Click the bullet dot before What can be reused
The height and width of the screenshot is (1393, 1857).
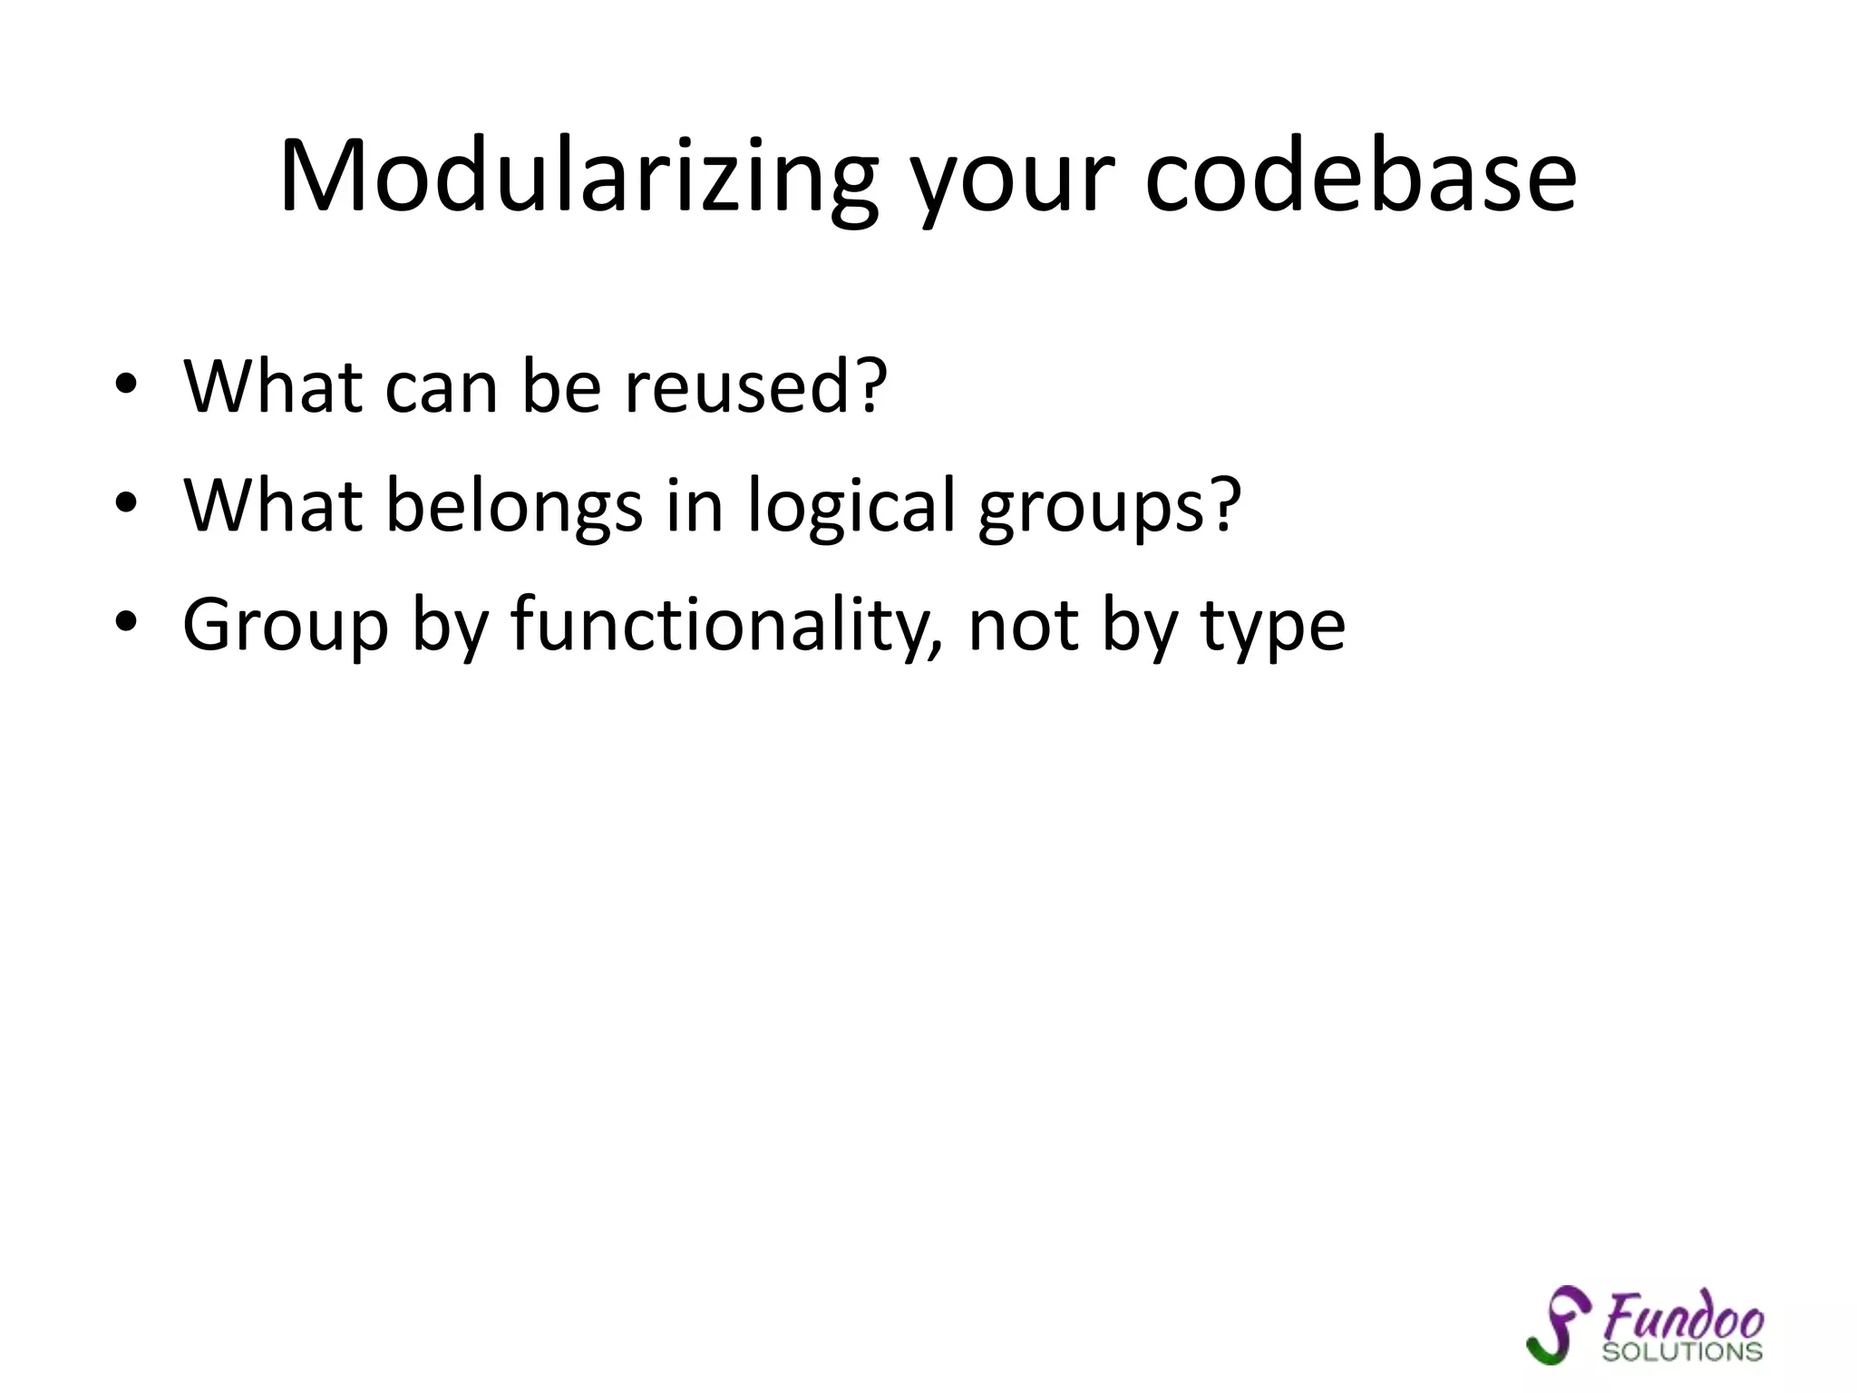(126, 384)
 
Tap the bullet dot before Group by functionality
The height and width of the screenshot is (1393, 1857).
(126, 622)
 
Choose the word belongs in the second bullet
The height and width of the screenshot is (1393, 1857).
(514, 506)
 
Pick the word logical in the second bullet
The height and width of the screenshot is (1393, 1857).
(851, 506)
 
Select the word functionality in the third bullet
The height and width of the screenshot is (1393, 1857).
(724, 626)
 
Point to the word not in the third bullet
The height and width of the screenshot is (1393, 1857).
(1022, 626)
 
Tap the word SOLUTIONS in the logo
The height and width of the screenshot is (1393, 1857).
(1682, 1351)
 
